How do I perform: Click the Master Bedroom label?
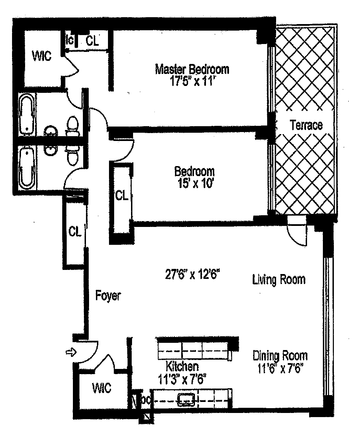[x=192, y=69]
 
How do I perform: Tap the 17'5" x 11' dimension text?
[x=192, y=82]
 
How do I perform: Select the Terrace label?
[x=306, y=125]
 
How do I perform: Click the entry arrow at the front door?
[x=70, y=352]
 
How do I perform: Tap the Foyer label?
[x=108, y=296]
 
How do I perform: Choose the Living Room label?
[x=279, y=279]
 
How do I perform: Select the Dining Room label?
[x=280, y=355]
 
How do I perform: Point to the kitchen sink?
[x=186, y=399]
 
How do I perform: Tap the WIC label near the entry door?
[x=102, y=388]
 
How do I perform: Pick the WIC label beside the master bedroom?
[x=42, y=56]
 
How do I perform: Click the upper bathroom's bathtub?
[x=27, y=115]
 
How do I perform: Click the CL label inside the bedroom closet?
[x=121, y=196]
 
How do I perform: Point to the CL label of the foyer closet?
[x=75, y=232]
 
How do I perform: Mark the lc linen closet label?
[x=70, y=40]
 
